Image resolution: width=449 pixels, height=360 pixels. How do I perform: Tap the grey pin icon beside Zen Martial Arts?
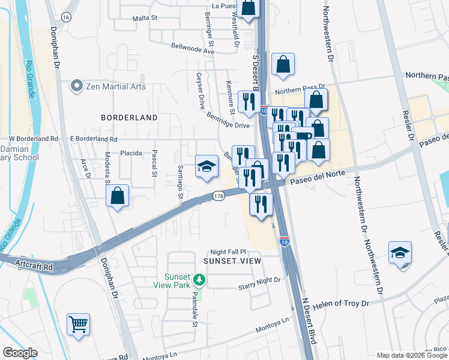(x=76, y=86)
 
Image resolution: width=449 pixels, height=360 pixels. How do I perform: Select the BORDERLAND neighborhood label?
(x=129, y=118)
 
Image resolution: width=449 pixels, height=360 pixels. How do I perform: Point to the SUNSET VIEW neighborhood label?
(x=232, y=261)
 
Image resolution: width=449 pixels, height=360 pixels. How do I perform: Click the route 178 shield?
(x=219, y=196)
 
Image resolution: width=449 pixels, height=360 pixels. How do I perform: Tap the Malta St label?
(x=145, y=18)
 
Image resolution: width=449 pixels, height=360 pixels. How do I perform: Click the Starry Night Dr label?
(x=259, y=280)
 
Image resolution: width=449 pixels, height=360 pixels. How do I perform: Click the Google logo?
(x=20, y=353)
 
